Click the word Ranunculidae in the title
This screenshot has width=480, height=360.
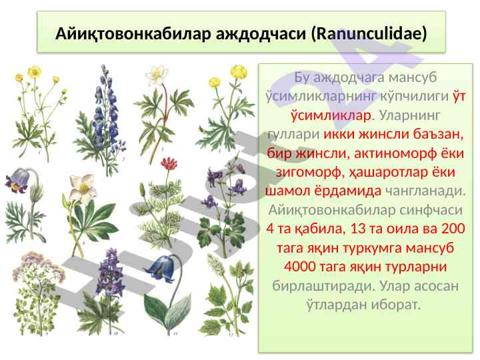tap(371, 33)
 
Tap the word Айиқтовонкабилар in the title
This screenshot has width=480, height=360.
tap(133, 34)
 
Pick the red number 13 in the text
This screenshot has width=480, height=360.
tap(357, 229)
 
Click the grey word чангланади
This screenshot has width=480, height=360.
tap(425, 191)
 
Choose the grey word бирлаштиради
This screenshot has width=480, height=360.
tap(323, 286)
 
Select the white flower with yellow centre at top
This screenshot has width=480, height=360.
tap(157, 75)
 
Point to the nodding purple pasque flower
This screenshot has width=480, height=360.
tap(19, 181)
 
